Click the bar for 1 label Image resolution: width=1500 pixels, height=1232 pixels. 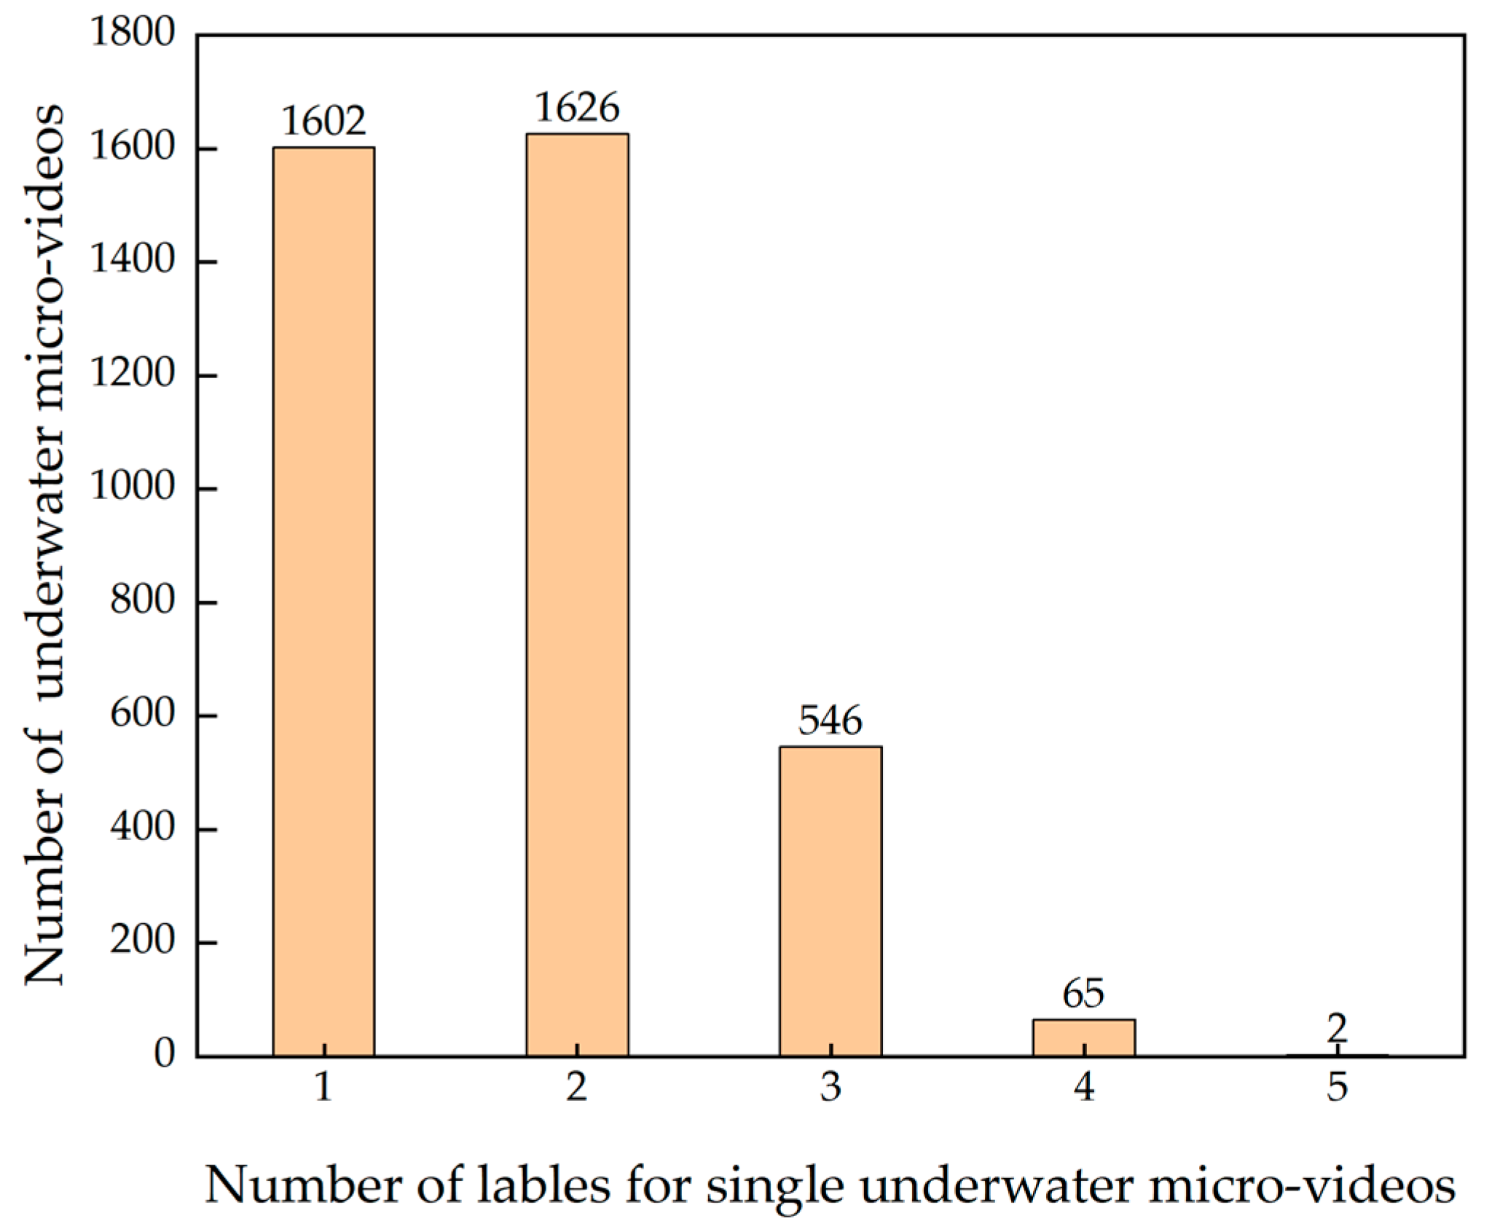(323, 601)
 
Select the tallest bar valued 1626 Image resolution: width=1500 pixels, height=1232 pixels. (577, 594)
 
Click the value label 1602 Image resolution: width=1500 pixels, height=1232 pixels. (323, 122)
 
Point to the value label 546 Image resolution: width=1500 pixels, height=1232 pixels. (831, 721)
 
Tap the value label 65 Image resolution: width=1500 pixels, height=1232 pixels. (1083, 993)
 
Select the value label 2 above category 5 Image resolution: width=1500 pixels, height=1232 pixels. (1337, 1029)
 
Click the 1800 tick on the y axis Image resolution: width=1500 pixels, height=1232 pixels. (133, 34)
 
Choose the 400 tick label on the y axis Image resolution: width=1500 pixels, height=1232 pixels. (143, 828)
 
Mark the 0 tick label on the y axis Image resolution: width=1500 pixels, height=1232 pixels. (165, 1054)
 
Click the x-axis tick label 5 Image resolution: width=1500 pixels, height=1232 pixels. (1337, 1088)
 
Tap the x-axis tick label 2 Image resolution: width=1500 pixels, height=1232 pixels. (577, 1088)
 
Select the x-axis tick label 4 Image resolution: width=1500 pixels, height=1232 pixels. (1083, 1088)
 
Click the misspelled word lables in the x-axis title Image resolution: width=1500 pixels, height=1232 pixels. (543, 1185)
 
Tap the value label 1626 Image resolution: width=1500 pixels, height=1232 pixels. (577, 108)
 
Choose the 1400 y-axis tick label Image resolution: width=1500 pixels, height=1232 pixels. (133, 260)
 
